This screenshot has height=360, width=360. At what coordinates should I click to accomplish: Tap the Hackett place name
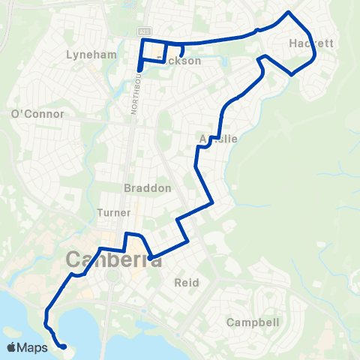coord(310,44)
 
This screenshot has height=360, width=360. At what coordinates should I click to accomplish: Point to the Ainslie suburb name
coord(219,139)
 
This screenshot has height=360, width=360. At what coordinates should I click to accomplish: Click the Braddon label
coord(147,188)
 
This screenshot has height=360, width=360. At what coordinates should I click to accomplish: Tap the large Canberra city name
coord(114,259)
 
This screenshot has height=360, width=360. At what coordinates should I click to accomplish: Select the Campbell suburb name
coord(253,322)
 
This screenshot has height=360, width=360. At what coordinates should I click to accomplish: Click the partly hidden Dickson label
coord(181,61)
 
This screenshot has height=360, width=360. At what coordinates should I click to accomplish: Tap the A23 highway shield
coord(144,31)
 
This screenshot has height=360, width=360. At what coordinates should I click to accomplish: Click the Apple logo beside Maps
coord(12,347)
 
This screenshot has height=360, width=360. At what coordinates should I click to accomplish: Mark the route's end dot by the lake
coord(63,346)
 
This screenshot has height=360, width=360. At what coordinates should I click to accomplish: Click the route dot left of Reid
coord(151,258)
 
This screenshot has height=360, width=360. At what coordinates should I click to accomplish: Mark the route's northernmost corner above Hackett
coord(288,12)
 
